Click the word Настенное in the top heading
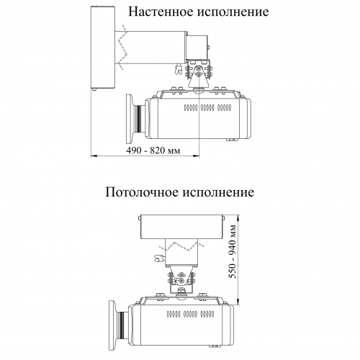tap(161, 12)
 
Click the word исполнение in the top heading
tap(233, 12)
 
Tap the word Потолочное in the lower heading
tap(143, 192)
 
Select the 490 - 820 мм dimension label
tap(153, 150)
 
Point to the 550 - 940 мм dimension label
tap(233, 251)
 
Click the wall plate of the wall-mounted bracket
tap(103, 48)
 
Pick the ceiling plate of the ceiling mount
tap(181, 227)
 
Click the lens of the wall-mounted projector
tap(135, 119)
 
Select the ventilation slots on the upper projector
tap(207, 108)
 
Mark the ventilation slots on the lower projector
tap(190, 314)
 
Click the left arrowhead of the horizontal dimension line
tap(94, 156)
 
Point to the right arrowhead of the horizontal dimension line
tap(197, 156)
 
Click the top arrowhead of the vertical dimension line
tap(238, 218)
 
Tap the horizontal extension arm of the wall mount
tap(150, 48)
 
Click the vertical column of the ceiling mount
tap(181, 252)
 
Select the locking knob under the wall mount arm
tap(178, 69)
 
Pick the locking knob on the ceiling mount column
tap(160, 258)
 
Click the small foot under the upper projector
tap(232, 140)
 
